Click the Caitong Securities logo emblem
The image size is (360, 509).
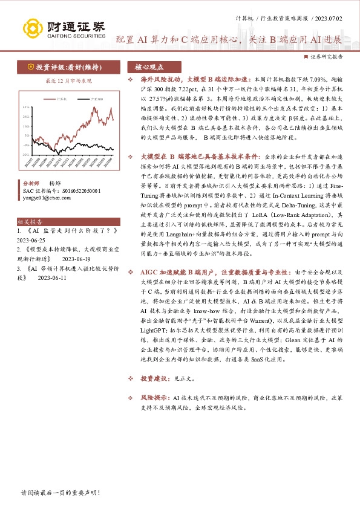pos(34,28)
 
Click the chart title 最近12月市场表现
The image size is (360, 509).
pos(68,80)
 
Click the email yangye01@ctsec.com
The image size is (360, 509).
pos(50,197)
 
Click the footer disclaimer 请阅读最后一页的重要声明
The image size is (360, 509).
pos(60,493)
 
